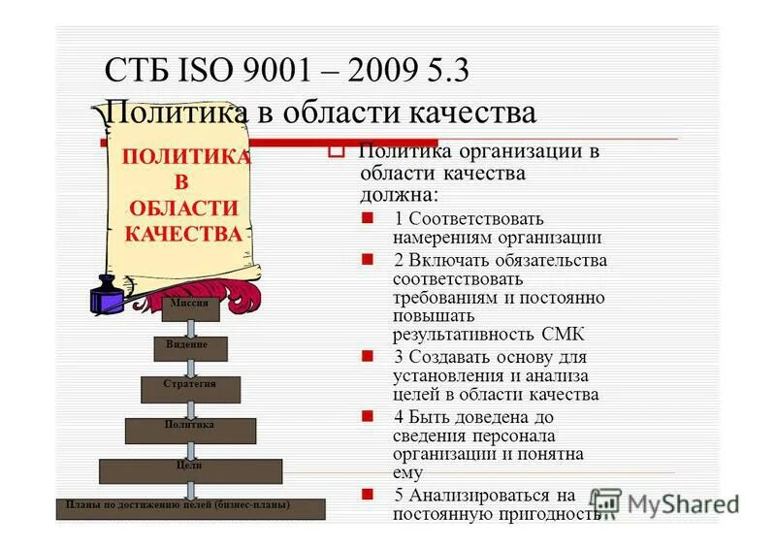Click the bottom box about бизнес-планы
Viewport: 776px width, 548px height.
click(x=190, y=508)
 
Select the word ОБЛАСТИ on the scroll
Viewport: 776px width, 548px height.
click(x=183, y=208)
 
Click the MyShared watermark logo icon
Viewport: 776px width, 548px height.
click(x=606, y=502)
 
